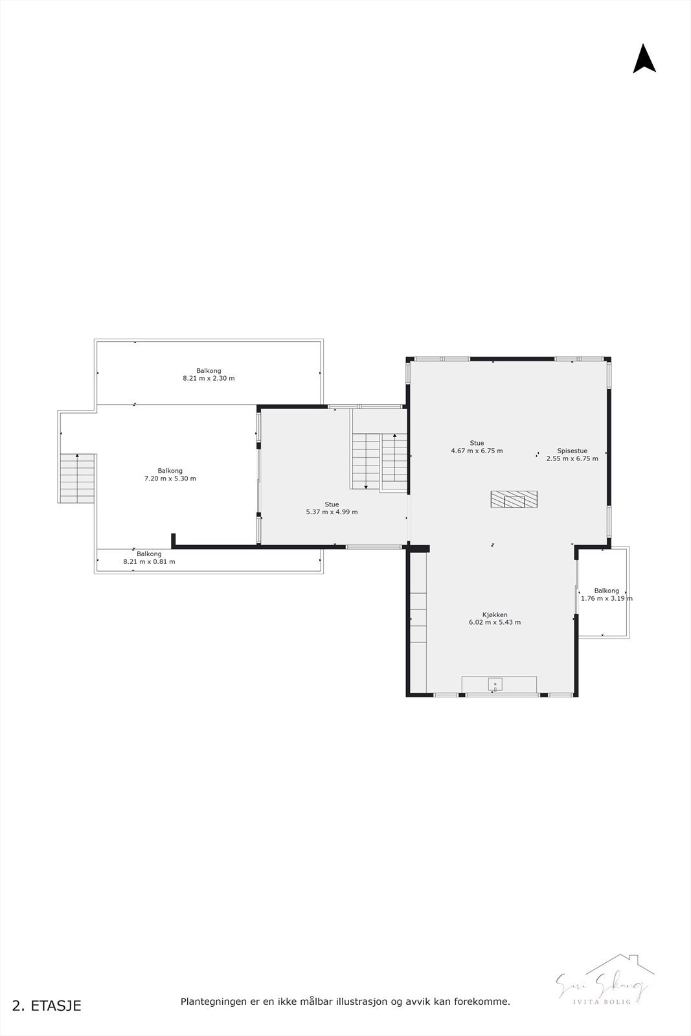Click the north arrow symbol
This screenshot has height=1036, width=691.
644,59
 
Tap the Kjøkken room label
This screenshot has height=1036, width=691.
495,614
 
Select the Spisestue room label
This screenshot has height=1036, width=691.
572,451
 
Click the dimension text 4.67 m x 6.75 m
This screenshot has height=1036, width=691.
477,451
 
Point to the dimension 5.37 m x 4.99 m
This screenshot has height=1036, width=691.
332,512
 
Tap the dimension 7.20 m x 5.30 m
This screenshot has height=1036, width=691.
170,479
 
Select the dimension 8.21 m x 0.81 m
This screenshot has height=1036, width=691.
149,562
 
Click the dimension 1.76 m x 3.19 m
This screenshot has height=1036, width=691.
606,599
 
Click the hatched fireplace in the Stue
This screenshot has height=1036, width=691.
514,499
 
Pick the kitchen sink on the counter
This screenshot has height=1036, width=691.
495,684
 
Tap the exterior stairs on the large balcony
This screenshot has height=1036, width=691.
78,479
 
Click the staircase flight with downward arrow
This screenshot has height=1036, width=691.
366,461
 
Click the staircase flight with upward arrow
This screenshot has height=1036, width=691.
394,456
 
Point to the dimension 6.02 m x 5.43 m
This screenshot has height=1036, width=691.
495,623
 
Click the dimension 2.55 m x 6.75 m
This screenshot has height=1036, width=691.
572,459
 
